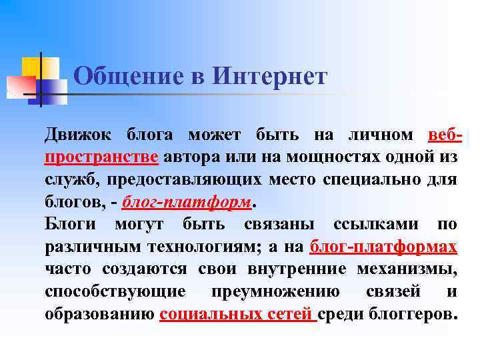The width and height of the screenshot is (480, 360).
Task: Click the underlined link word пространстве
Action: coord(101,157)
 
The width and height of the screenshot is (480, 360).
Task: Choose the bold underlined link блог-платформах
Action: coord(383,247)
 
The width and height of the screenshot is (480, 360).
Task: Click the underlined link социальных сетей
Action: coord(237,315)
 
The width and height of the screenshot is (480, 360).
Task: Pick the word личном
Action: coord(381,135)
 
